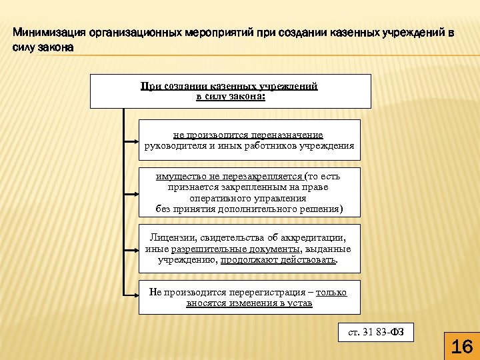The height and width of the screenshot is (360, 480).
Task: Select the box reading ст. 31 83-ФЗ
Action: pyautogui.click(x=376, y=331)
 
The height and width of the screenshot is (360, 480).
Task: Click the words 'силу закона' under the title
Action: pyautogui.click(x=41, y=47)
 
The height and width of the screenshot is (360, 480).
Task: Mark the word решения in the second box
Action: pyautogui.click(x=320, y=209)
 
